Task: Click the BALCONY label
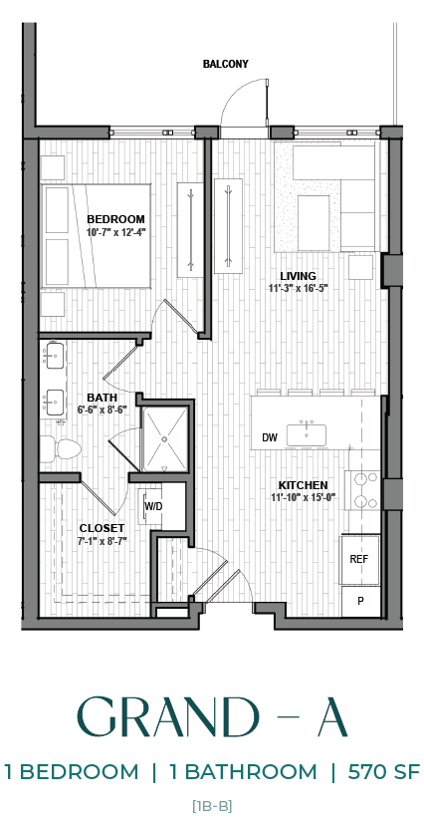226,64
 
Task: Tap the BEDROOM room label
115,219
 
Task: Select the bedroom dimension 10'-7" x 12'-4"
115,232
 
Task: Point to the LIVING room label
298,276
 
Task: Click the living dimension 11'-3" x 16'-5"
298,289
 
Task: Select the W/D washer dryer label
153,506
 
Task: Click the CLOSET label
102,528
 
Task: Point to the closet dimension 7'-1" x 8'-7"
102,541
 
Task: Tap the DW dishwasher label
269,437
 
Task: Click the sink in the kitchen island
307,434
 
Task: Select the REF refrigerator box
359,560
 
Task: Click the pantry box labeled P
359,601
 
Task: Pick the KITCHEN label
303,485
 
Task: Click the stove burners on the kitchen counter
362,489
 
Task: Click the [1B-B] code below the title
212,804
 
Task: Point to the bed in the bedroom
95,236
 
